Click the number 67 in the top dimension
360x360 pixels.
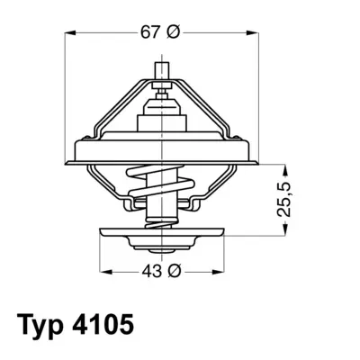151,33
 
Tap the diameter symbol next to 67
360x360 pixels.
175,33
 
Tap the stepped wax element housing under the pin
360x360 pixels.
162,117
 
